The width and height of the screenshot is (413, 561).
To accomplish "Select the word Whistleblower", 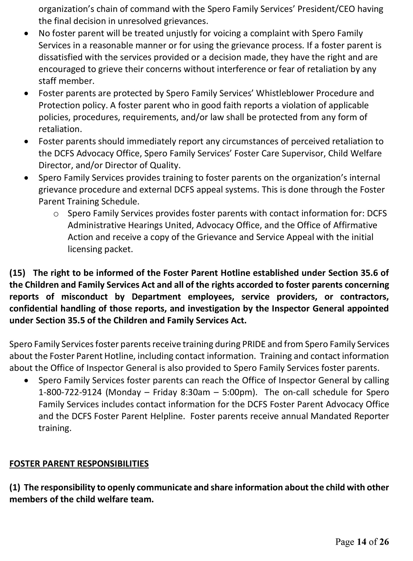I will (284, 93).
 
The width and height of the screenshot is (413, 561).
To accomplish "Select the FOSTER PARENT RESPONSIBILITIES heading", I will (79, 463).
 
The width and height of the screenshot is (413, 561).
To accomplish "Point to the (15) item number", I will (17, 273).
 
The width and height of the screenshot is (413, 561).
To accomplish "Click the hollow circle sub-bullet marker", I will (56, 214).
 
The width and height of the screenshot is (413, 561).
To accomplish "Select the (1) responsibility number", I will (15, 487).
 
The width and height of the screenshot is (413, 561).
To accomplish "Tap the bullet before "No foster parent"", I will (26, 34).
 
